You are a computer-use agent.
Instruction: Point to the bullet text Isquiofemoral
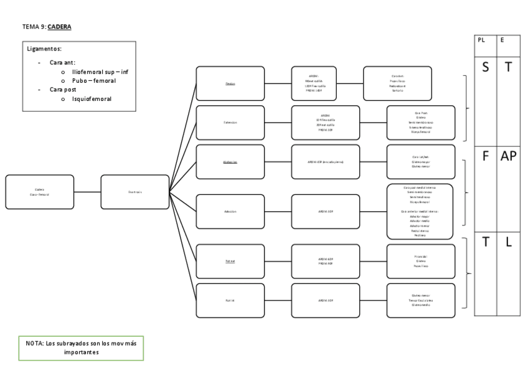point(92,99)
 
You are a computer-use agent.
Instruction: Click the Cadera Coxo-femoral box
point(39,192)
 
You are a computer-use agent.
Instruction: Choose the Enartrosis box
point(134,192)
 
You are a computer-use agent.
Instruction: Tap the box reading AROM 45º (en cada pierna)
point(326,162)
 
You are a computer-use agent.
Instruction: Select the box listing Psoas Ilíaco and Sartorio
point(397,83)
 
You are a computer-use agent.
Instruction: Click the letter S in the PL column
point(485,66)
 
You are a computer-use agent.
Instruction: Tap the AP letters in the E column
point(508,156)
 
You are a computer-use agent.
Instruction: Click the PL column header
point(481,40)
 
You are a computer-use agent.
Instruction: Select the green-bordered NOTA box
point(81,347)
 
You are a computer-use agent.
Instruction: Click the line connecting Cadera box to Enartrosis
point(87,192)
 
